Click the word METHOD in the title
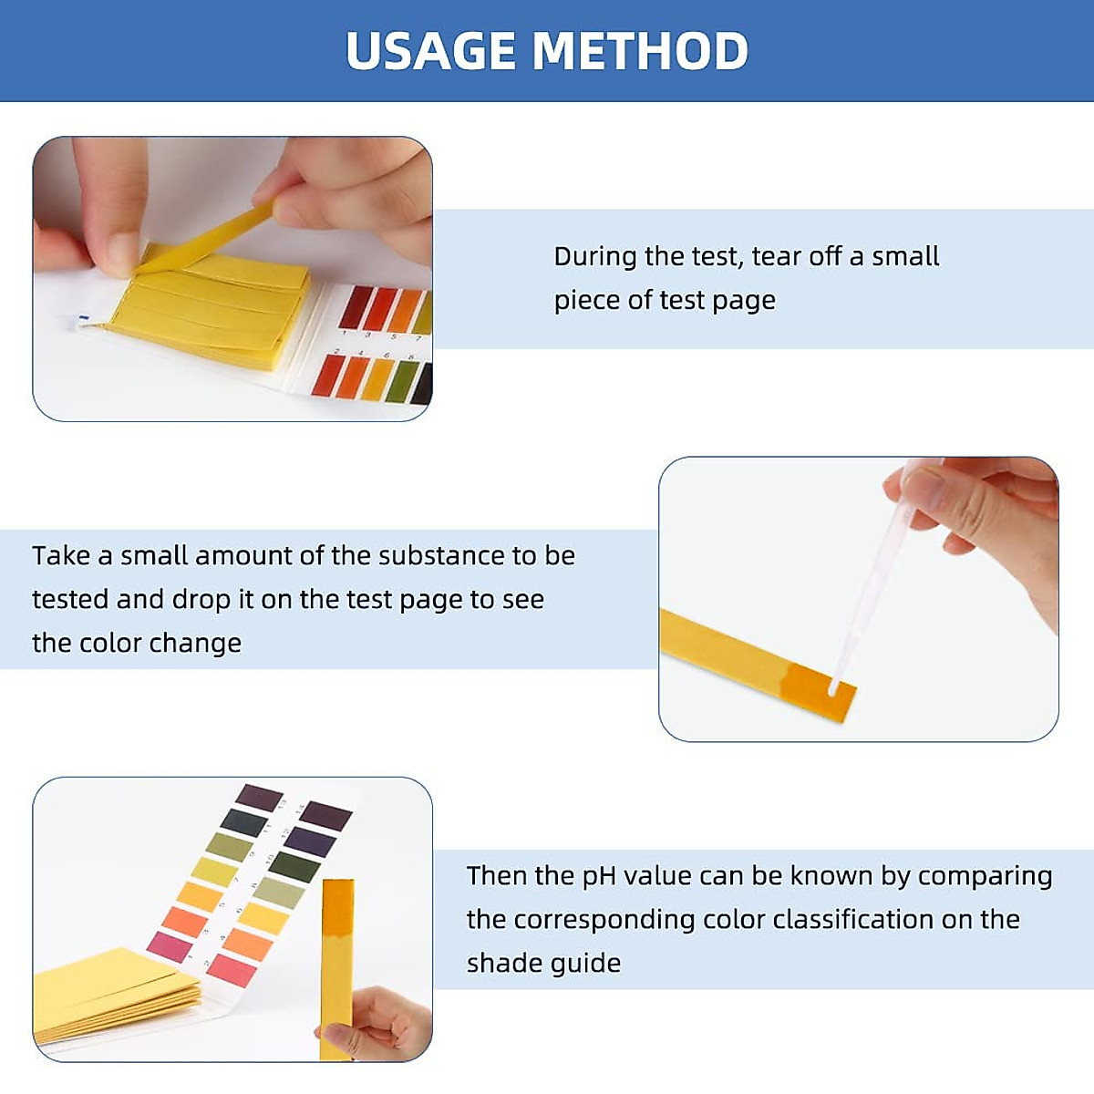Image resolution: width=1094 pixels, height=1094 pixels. (x=640, y=51)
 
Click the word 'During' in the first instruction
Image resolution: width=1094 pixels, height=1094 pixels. (x=595, y=256)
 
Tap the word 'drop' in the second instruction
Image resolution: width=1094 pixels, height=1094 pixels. (x=201, y=600)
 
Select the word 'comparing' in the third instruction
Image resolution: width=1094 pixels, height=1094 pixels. (x=985, y=876)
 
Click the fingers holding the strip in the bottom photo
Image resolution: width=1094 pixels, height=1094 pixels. (x=383, y=1021)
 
